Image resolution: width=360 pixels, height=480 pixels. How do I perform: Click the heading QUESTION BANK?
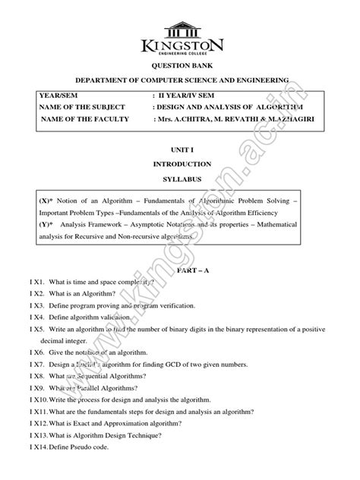(182, 67)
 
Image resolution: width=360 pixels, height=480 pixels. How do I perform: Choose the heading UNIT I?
(182, 152)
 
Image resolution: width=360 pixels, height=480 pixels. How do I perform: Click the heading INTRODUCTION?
(182, 164)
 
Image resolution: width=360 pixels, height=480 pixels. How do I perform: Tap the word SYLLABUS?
(182, 177)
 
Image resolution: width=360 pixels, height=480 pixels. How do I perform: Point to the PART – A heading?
(182, 269)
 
